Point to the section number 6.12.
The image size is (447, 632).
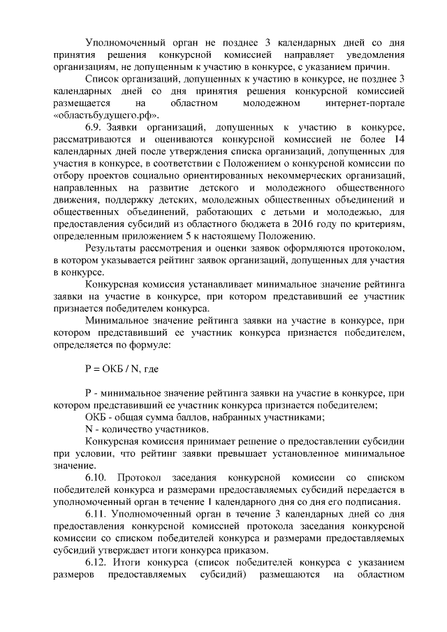[x=97, y=563]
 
